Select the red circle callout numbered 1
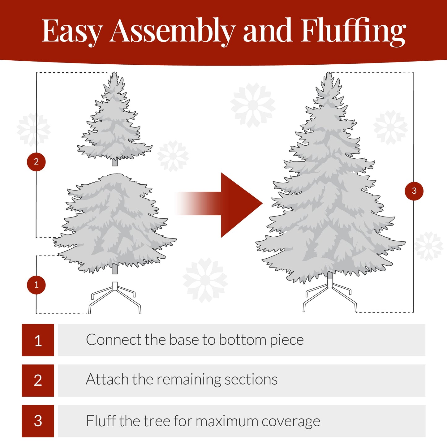pos(36,285)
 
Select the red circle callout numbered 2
pos(36,162)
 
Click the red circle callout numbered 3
pos(414,191)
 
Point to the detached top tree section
pos(115,124)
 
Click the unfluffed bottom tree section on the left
pos(114,223)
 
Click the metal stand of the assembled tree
pos(330,295)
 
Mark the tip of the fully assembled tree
pos(329,74)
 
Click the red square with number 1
pos(38,340)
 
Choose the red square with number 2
pos(38,380)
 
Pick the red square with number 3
pos(38,421)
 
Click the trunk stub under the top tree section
pos(115,162)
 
